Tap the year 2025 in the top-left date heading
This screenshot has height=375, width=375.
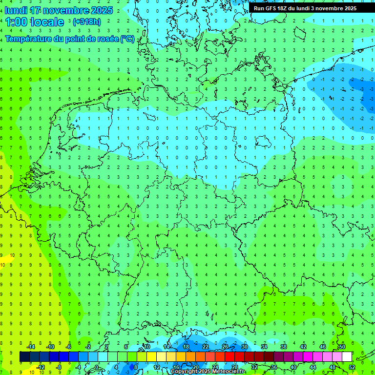pos(102,10)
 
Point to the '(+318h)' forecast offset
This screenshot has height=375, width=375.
pos(87,22)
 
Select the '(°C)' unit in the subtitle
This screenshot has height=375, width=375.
pos(127,38)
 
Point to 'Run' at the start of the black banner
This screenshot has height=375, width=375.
pos(259,8)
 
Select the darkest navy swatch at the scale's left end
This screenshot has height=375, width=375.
pos(24,357)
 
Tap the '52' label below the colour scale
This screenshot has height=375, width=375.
pos(352,367)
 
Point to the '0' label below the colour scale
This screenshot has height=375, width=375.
pos(97,367)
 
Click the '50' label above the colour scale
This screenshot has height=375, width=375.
pos(342,347)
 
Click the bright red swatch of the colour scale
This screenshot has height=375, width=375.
pos(229,357)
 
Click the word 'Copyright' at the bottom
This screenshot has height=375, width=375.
pos(184,372)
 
